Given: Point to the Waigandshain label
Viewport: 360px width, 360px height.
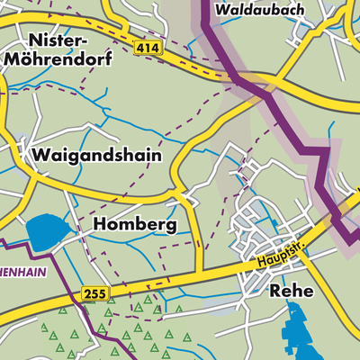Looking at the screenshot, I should [96, 155].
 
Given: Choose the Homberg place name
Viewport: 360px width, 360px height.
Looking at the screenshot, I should [135, 224].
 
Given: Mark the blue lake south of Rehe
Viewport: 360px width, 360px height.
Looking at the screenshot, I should [297, 333].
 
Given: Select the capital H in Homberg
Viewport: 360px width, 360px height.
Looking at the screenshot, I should [101, 224].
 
